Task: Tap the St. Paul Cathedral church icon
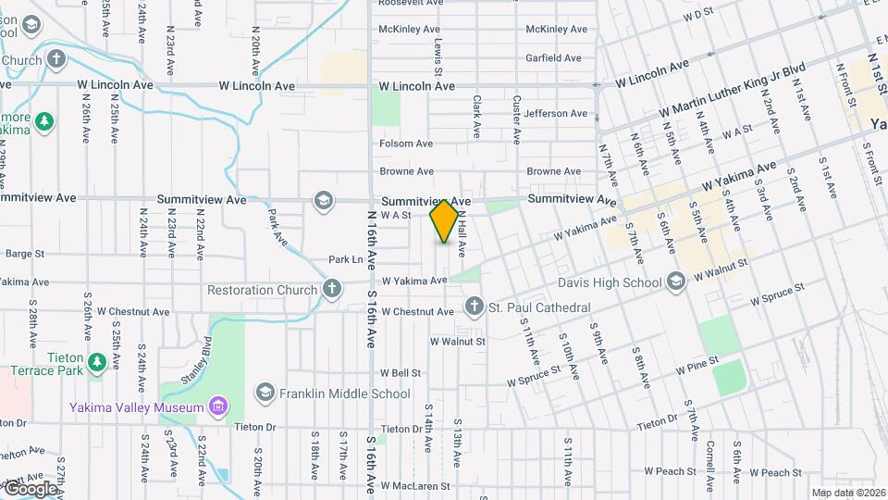[475, 306]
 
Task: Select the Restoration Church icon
[332, 290]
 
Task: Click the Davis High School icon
[676, 281]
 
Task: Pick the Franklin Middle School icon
[265, 394]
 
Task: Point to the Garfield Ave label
[553, 57]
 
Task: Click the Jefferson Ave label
[555, 114]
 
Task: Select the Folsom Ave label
[406, 144]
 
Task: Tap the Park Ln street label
[346, 259]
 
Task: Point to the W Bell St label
[400, 373]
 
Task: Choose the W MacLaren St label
[413, 485]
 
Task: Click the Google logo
[30, 488]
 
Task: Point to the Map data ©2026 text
[847, 493]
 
